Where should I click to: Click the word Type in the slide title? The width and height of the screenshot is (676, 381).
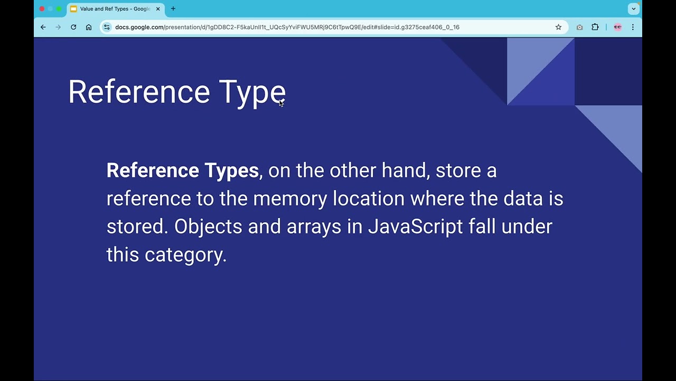252,93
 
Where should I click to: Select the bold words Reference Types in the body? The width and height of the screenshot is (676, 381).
182,170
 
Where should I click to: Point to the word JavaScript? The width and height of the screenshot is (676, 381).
415,226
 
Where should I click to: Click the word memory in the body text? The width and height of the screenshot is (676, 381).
290,199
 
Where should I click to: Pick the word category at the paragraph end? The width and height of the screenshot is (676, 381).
185,255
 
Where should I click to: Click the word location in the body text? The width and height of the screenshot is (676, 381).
368,198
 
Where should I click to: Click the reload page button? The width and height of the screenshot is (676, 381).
73,27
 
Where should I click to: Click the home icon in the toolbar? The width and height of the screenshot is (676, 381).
89,27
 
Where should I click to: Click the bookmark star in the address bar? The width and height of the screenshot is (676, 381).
558,27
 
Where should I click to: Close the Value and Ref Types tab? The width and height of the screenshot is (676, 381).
158,9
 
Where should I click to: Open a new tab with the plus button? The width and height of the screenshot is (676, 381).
173,8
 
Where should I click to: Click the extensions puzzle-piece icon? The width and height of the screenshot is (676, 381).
595,27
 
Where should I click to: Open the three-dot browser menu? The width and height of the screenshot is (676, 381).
633,27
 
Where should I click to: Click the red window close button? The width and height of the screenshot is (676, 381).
42,8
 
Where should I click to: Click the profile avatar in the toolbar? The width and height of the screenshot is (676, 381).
617,27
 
